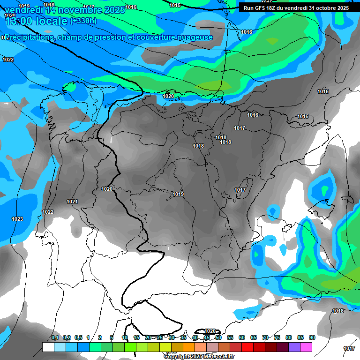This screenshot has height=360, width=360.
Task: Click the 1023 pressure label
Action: [x=17, y=219]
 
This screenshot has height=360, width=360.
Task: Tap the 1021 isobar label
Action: [x=72, y=202]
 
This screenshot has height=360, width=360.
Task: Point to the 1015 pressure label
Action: [x=175, y=5]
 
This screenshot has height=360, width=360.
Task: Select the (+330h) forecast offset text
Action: [x=83, y=21]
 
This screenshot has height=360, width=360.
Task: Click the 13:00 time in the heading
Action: [x=20, y=22]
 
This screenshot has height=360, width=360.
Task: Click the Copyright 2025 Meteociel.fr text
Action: [x=199, y=357]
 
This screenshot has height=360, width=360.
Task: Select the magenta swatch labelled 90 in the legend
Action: [x=306, y=347]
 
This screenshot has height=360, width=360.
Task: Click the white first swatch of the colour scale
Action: [x=48, y=347]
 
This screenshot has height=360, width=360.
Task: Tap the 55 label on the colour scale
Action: [x=230, y=337]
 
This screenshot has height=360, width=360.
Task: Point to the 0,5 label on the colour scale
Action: [x=78, y=337]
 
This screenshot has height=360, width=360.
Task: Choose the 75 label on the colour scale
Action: [x=277, y=337]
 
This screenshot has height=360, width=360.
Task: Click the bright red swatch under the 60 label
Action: [x=247, y=347]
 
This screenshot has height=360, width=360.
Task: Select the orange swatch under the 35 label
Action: [x=189, y=347]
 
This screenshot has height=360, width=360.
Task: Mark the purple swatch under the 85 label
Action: [x=294, y=347]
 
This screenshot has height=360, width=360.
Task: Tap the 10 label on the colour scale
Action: [x=125, y=337]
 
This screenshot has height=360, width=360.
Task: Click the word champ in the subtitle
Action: [x=68, y=37]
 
